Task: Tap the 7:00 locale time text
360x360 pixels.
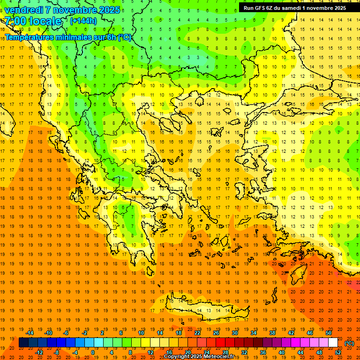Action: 33,21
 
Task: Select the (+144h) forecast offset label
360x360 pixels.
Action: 83,21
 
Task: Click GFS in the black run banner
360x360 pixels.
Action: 261,8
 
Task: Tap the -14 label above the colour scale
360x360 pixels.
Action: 30,333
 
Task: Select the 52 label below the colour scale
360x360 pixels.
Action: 338,352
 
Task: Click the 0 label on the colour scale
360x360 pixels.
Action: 92,352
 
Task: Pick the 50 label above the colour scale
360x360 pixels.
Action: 329,333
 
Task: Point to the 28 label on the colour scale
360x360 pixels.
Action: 225,352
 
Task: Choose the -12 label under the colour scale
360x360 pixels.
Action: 39,352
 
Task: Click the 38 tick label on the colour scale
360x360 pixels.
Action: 272,333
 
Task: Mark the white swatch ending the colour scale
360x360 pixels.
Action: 333,343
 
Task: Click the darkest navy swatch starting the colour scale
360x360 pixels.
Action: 23,343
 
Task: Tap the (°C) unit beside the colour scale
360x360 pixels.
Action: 349,343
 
